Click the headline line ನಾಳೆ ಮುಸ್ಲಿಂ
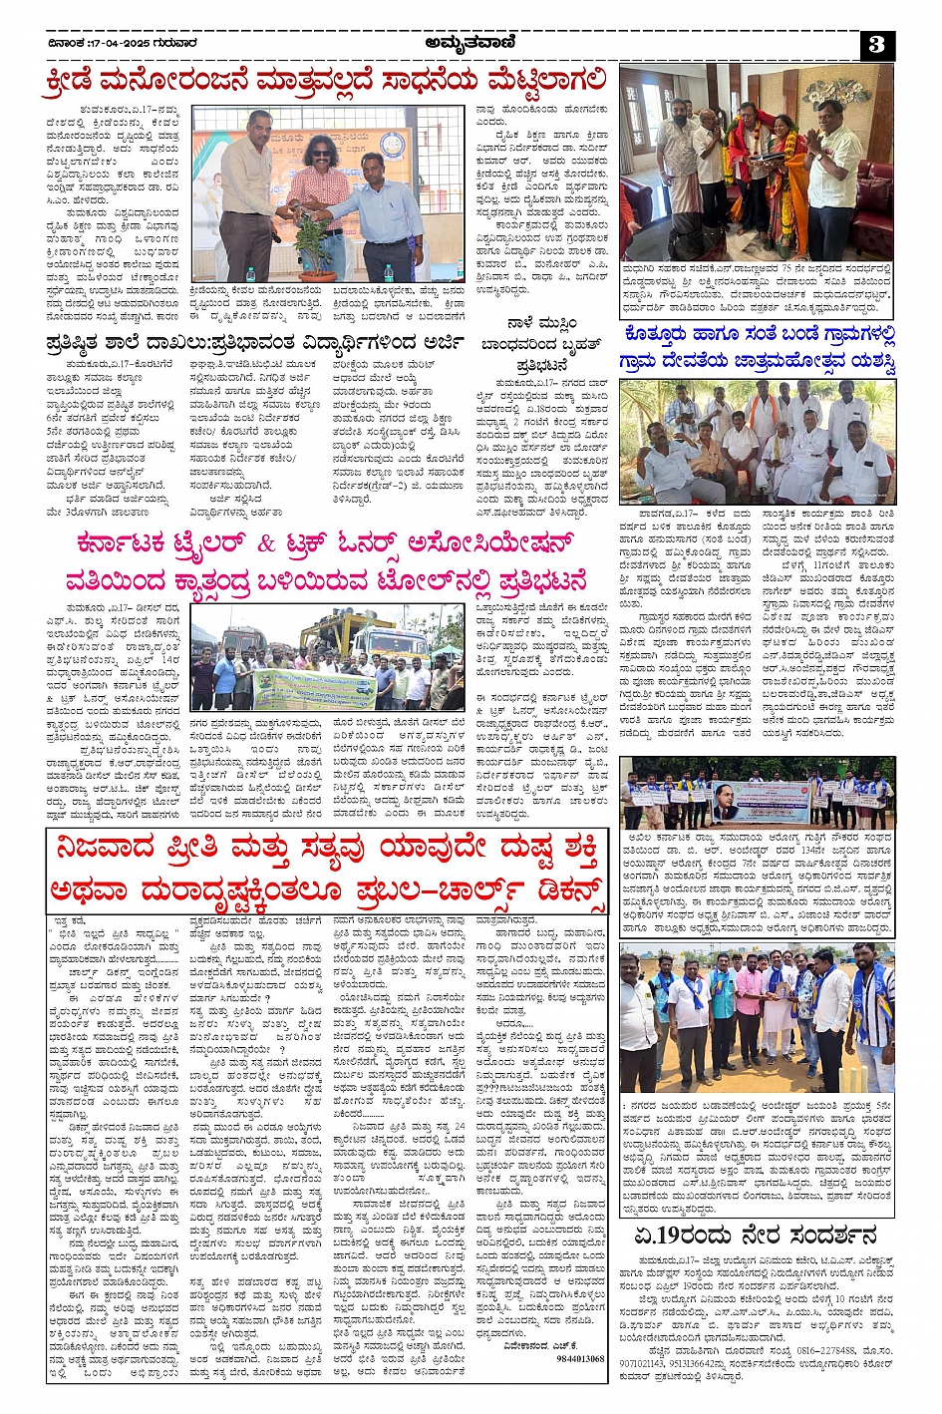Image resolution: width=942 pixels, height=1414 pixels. coord(541,324)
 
